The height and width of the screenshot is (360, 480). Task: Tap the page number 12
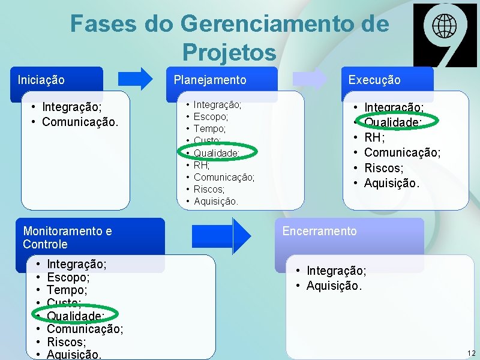471,353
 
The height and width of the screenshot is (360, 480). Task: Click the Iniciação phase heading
41,79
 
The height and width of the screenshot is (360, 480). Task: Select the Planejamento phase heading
209,80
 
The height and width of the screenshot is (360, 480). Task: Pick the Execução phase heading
374,80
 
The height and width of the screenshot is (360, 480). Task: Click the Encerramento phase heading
319,231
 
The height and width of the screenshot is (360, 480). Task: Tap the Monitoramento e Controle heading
67,238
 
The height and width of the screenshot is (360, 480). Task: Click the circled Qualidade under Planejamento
217,153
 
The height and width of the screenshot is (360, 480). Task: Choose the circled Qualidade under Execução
393,122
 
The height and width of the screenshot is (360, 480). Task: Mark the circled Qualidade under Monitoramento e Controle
76,316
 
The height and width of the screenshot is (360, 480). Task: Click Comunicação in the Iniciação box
80,122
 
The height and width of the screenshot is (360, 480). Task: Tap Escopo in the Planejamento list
210,117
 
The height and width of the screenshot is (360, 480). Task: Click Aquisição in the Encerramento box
334,286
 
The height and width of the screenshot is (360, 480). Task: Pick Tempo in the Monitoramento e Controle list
67,290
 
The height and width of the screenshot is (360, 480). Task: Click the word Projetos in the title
229,52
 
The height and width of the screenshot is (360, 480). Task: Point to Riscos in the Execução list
383,168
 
